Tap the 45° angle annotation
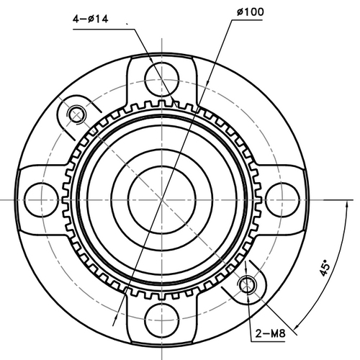pos(325,269)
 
